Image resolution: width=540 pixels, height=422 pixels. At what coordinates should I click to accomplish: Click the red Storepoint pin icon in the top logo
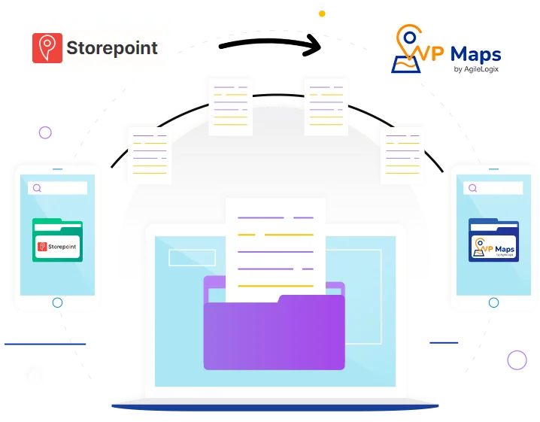click(x=47, y=47)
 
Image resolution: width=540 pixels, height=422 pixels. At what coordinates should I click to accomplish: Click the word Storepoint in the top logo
click(x=112, y=48)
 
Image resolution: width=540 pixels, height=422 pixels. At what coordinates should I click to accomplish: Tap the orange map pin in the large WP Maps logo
click(x=405, y=39)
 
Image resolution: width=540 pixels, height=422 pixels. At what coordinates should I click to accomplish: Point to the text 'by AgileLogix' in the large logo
click(x=477, y=71)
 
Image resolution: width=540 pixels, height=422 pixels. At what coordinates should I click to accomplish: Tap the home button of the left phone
click(x=57, y=302)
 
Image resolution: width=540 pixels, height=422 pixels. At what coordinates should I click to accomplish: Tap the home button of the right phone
click(x=493, y=302)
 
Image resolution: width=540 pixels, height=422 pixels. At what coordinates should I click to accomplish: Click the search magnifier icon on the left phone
click(x=37, y=188)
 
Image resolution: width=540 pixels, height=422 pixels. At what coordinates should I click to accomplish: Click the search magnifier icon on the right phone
click(x=473, y=188)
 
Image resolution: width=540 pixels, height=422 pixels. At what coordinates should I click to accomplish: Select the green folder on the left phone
click(x=57, y=240)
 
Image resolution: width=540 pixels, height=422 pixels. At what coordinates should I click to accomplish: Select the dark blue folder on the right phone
click(x=493, y=240)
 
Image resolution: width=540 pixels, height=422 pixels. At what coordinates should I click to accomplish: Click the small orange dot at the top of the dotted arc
click(x=323, y=14)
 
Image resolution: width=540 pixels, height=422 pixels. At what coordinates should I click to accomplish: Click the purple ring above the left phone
click(x=46, y=133)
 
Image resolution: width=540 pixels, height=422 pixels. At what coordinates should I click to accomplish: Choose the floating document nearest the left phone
click(x=150, y=154)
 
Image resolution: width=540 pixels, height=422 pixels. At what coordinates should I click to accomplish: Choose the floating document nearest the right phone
click(x=402, y=154)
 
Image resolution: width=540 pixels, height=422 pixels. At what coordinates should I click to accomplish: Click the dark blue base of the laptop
click(x=275, y=407)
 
